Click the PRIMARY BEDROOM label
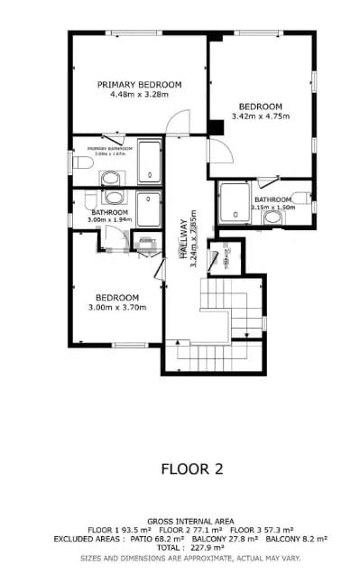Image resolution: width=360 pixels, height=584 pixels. [140, 84]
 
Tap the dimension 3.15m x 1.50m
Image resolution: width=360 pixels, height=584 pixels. [272, 207]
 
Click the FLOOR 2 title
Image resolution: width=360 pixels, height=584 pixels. [191, 468]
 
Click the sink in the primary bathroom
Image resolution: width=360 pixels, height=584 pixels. [111, 176]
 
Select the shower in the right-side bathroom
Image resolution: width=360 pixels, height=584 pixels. [235, 202]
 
